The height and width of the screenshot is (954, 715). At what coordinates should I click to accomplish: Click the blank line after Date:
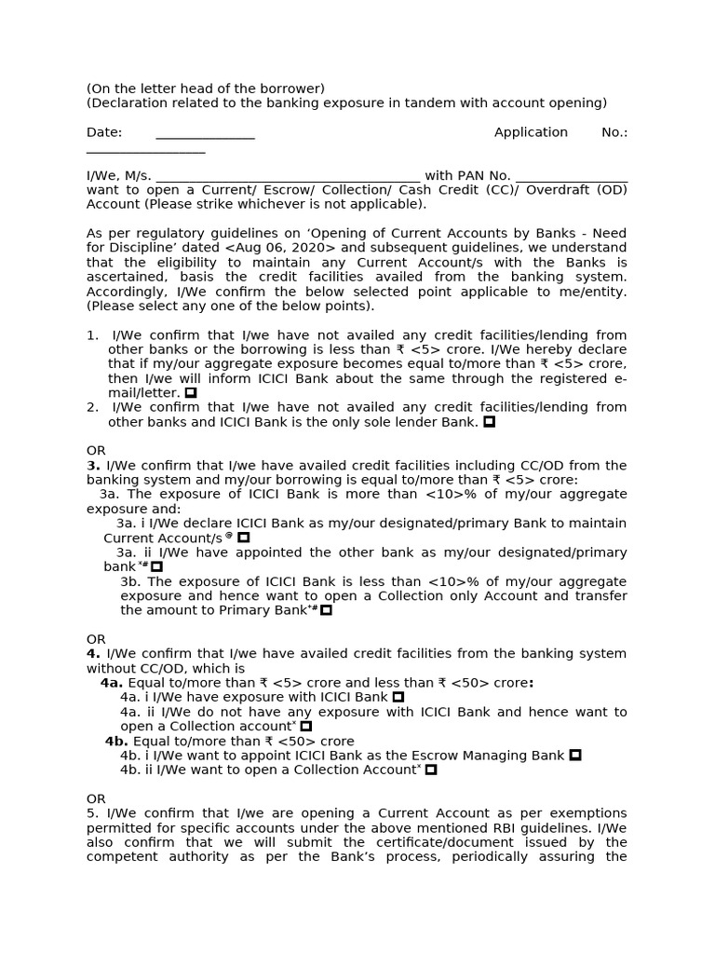tap(205, 134)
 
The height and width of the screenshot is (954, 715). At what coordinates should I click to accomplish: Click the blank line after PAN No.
tap(571, 177)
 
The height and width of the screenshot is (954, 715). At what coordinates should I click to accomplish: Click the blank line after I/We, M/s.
tap(288, 177)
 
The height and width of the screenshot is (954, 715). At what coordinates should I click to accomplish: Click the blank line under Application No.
tap(145, 149)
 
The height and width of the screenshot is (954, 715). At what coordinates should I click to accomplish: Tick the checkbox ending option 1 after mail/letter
tap(191, 393)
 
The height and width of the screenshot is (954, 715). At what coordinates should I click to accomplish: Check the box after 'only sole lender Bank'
tap(489, 422)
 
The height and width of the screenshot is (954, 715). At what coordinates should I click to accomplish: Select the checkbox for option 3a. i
tap(244, 538)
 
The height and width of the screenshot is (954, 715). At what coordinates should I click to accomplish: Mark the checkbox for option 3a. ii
tap(156, 566)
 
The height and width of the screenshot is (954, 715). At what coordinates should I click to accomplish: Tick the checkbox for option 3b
tap(326, 610)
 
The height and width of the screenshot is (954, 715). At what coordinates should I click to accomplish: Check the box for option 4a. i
tap(398, 697)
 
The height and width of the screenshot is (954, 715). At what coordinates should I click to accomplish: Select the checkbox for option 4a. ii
tap(306, 726)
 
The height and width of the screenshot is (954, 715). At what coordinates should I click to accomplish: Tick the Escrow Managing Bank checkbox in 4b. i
tap(574, 756)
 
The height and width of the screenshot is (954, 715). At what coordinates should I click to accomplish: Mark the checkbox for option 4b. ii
tap(430, 770)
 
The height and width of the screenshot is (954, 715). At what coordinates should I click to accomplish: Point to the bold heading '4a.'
tap(112, 683)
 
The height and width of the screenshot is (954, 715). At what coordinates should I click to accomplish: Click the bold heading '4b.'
tap(116, 741)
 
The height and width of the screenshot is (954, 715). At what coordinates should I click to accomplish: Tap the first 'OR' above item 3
tap(96, 451)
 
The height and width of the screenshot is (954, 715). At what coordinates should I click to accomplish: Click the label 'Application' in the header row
tap(531, 132)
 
